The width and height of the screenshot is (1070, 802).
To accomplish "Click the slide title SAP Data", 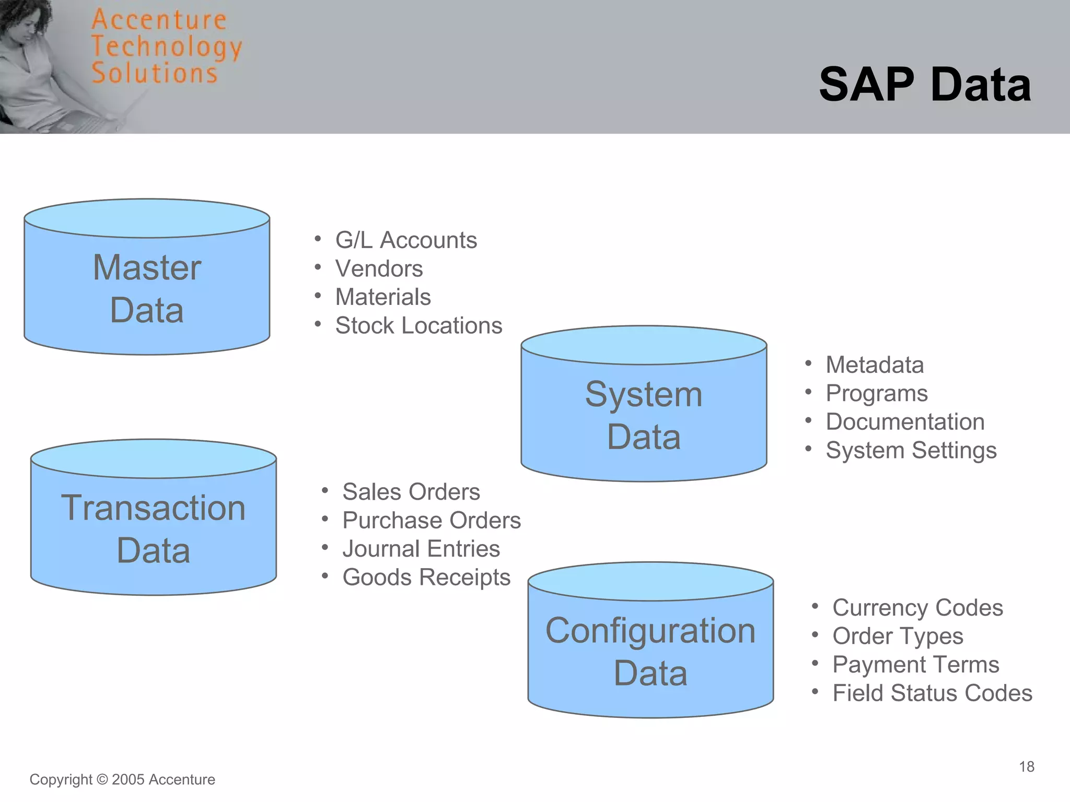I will click(x=925, y=85).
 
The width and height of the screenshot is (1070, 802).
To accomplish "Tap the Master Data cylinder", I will click(x=147, y=288).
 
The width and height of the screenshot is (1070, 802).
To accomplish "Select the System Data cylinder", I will click(x=644, y=415).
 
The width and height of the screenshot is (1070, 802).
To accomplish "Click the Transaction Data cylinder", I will click(x=153, y=528).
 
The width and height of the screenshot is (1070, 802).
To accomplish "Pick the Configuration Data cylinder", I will click(x=650, y=651).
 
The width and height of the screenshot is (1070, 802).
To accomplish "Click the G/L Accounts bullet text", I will click(x=406, y=240).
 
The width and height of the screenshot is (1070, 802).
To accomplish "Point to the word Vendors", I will click(x=379, y=269).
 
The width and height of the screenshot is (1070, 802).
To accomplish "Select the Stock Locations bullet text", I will click(x=418, y=326).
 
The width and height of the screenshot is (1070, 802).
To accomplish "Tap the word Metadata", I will click(x=875, y=365).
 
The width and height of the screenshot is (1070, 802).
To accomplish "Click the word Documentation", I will click(x=905, y=422).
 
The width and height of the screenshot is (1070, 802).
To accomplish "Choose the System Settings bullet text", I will click(x=911, y=451).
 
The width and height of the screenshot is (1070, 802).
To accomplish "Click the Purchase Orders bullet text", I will click(x=432, y=521).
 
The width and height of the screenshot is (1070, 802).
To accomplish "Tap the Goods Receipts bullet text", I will click(x=426, y=577).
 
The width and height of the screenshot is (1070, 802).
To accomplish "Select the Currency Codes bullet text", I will click(x=917, y=608).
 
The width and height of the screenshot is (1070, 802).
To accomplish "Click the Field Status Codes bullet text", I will click(x=932, y=693).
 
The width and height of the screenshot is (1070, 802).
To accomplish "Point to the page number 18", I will click(x=1026, y=766).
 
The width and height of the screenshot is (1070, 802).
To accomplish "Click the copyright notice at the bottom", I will click(x=122, y=780).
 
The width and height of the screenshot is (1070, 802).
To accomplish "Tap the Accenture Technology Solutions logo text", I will click(x=166, y=47).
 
